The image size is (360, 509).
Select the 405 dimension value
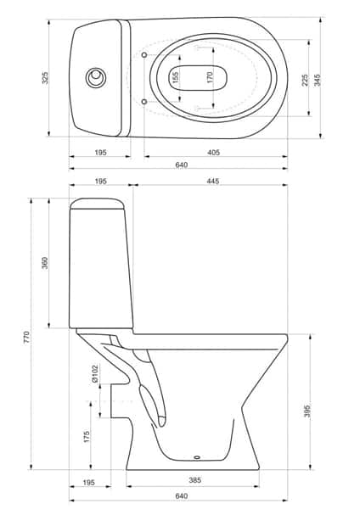pos(213,152)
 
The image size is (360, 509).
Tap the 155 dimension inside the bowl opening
pos(176,77)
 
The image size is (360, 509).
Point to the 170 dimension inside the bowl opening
pos(211,78)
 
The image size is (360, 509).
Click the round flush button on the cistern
pos(96,78)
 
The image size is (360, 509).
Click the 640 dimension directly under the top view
pos(181,165)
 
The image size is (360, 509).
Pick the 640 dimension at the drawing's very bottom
pos(181,496)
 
